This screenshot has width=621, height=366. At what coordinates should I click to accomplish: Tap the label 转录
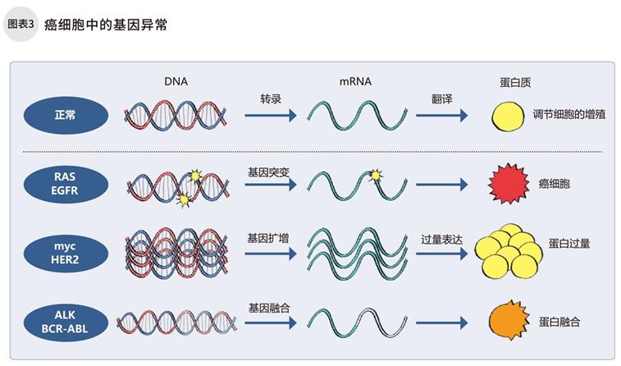[x=270, y=99]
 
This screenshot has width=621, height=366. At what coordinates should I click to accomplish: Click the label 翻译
[x=443, y=99]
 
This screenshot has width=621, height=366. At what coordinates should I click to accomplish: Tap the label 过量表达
[x=441, y=238]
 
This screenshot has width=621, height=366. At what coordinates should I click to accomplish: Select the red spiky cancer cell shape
[x=505, y=184]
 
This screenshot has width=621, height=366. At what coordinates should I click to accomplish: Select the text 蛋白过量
[x=570, y=244]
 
